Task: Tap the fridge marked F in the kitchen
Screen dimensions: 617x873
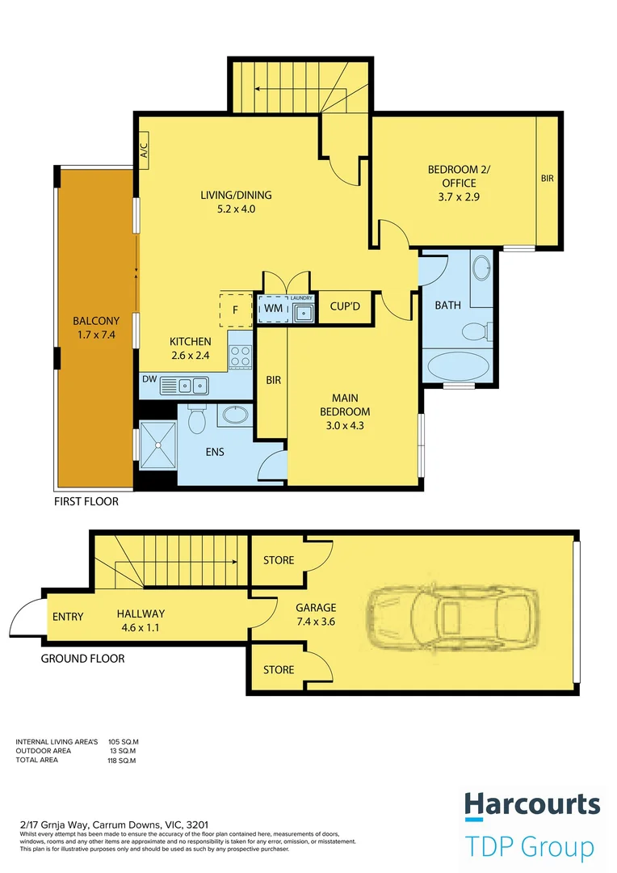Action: click(236, 310)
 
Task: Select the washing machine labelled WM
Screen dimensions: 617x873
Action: click(274, 309)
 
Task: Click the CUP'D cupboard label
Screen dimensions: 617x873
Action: click(345, 306)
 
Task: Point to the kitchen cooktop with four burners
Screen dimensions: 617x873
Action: click(241, 356)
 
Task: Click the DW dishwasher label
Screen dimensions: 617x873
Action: click(149, 380)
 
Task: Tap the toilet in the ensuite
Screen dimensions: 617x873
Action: click(197, 419)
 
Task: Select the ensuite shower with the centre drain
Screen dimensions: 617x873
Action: click(158, 445)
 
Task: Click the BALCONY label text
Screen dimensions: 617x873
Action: click(96, 321)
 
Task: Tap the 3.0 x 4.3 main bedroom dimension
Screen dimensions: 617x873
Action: click(345, 426)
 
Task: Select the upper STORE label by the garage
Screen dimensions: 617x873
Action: click(279, 560)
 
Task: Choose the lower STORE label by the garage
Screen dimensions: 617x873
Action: click(279, 670)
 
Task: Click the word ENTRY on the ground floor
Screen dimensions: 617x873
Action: click(68, 617)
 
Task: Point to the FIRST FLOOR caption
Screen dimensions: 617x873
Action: click(86, 502)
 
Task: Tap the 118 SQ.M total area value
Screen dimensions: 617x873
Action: click(122, 761)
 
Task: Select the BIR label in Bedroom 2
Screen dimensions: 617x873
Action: click(548, 179)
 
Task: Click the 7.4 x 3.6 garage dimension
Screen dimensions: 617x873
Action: click(316, 622)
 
